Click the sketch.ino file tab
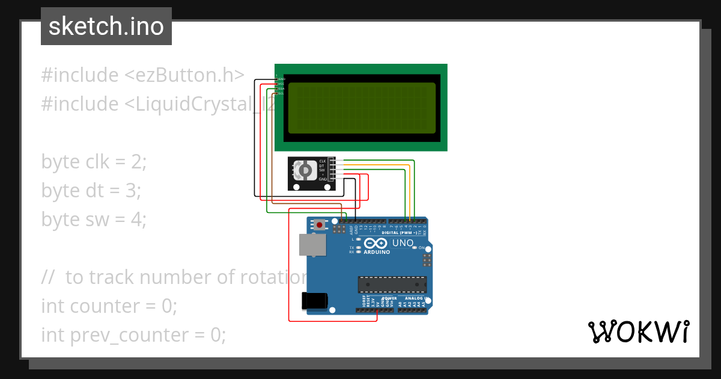106,26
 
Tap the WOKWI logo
638,332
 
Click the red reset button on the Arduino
320,225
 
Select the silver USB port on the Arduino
312,245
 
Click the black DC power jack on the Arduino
314,301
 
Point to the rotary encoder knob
305,171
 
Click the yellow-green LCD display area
362,108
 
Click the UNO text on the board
403,243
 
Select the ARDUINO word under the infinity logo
377,252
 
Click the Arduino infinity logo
376,243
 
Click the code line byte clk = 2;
94,162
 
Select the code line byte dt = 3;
91,191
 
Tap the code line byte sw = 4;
94,220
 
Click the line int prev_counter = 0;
133,335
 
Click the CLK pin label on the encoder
322,161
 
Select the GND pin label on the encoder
322,179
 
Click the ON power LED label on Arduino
422,248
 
